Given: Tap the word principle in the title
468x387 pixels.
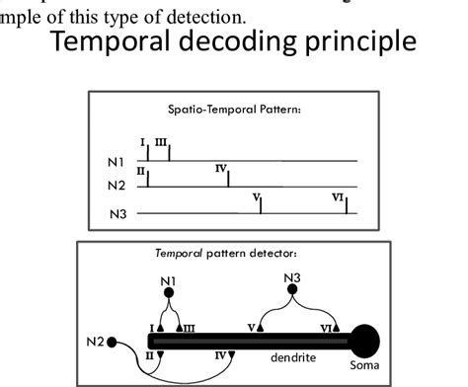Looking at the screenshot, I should coord(366,45).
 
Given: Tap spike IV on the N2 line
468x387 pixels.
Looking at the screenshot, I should coord(228,178).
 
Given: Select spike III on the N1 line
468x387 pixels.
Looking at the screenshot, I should coord(169,152).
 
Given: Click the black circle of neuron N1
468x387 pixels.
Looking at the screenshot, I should coord(168,292).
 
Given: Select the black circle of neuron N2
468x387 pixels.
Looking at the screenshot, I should coord(112,343).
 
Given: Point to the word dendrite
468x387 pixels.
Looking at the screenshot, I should coord(292,358).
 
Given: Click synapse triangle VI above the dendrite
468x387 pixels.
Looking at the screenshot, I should coord(337,328).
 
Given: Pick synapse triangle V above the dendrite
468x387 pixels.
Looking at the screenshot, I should coord(259,328).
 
